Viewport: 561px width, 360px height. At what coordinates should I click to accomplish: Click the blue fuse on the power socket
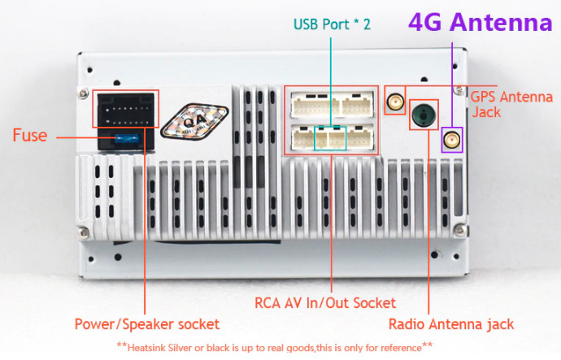coord(127,138)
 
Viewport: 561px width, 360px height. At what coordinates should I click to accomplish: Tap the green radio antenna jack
coord(424,115)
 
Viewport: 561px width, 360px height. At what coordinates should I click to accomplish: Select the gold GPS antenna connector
coord(395,101)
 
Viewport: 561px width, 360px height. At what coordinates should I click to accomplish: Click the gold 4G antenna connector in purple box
coord(452,140)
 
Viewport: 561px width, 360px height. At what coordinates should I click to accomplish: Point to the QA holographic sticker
coord(195,121)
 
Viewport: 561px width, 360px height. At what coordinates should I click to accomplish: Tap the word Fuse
coord(30,136)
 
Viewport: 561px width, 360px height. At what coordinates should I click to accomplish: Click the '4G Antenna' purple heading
coord(481,22)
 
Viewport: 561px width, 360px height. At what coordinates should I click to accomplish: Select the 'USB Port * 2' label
coord(332,24)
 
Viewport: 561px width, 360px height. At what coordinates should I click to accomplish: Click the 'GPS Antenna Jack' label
coord(511,104)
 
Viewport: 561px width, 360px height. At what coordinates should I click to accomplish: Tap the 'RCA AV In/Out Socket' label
coord(325,303)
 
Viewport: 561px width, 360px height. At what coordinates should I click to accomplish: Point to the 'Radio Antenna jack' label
coord(451,324)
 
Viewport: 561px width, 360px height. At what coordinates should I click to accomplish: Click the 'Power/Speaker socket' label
coord(147,324)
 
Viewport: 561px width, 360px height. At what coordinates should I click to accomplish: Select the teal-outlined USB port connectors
coord(330,138)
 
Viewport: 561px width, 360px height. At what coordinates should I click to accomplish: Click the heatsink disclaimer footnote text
coord(275,347)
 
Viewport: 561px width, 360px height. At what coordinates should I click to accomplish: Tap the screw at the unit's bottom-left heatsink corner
coord(84,232)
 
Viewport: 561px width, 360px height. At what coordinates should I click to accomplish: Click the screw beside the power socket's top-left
coord(84,93)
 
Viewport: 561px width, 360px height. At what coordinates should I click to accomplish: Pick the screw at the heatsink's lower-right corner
coord(460,229)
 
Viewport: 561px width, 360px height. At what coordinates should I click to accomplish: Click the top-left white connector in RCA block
coord(315,105)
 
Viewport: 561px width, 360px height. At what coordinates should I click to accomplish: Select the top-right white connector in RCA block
coord(358,105)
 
